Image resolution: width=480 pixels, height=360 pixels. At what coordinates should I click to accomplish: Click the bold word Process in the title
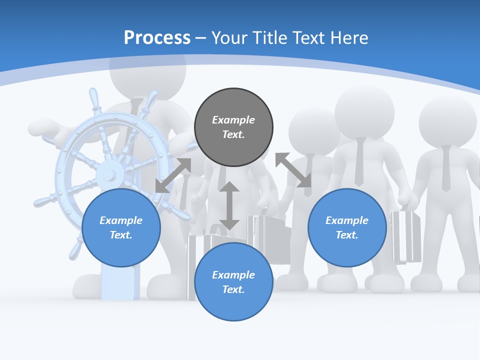pyautogui.click(x=157, y=38)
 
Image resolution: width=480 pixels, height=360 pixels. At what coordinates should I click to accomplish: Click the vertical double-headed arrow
pyautogui.click(x=229, y=206)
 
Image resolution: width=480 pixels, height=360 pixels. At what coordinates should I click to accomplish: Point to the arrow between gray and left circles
pyautogui.click(x=173, y=175)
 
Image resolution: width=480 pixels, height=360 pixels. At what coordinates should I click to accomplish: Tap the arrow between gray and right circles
pyautogui.click(x=293, y=170)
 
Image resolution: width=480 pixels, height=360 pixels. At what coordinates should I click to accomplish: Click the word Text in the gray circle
pyautogui.click(x=233, y=134)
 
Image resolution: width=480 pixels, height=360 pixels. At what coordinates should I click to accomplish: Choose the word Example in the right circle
pyautogui.click(x=347, y=220)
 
